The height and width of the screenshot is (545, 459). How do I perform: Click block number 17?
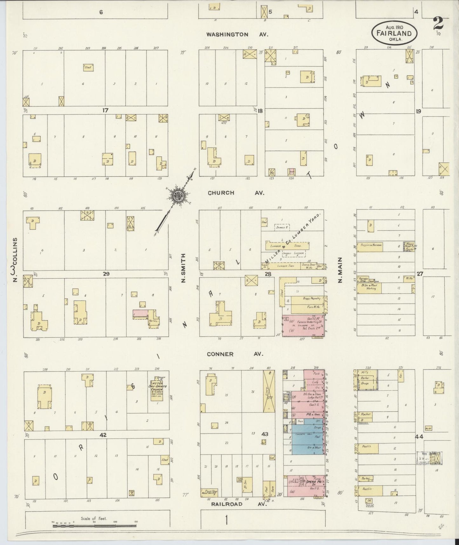tap(105, 110)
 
